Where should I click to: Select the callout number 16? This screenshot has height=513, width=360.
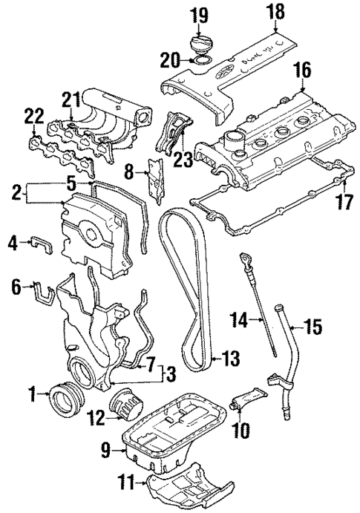pyautogui.click(x=301, y=71)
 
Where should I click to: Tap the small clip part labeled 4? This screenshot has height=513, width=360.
pyautogui.click(x=42, y=243)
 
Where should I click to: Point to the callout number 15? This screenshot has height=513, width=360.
pyautogui.click(x=315, y=324)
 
